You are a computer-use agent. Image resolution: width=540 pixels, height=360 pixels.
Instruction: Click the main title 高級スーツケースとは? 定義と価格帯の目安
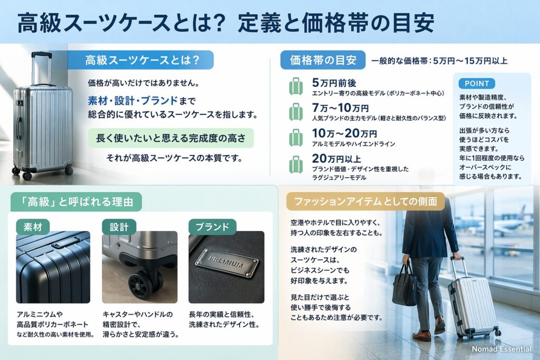point(227,23)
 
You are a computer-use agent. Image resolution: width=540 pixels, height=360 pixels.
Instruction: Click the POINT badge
point(477,83)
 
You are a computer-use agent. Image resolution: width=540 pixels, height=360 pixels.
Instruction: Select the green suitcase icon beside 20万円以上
point(296,163)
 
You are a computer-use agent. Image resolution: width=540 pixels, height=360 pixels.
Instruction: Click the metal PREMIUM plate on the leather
point(227,262)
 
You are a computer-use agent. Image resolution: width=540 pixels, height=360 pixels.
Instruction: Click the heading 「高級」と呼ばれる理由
point(76,200)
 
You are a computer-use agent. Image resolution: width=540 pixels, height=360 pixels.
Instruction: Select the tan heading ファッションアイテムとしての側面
point(365,201)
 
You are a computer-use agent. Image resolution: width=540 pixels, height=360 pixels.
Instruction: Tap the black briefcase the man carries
point(404,285)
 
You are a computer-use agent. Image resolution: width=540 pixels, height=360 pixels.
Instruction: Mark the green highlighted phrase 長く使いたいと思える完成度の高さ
point(171,138)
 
